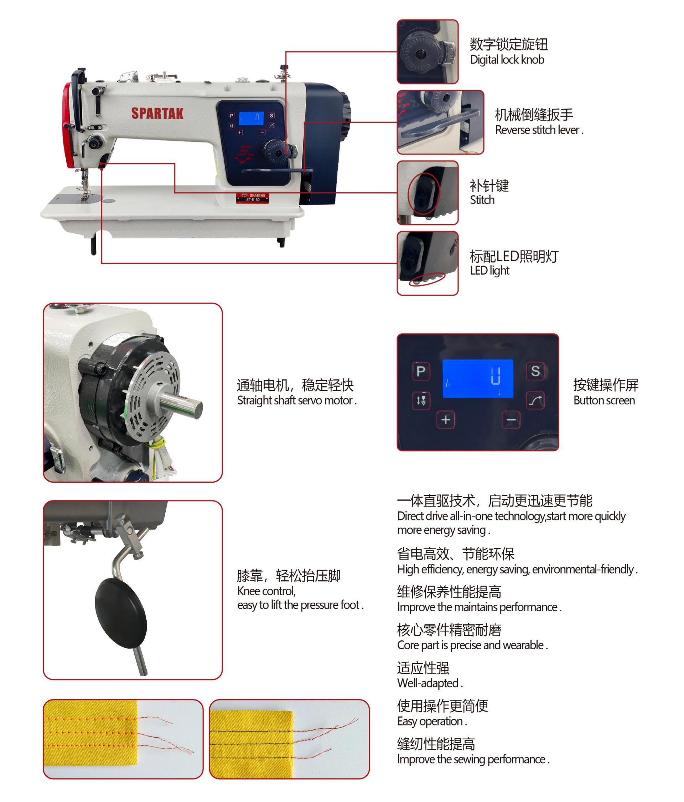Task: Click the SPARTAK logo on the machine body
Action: pyautogui.click(x=157, y=113)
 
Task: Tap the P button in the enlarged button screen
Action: pyautogui.click(x=421, y=371)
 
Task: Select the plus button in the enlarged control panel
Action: pyautogui.click(x=446, y=420)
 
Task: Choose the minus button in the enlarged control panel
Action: pyautogui.click(x=511, y=420)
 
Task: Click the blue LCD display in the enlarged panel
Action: pyautogui.click(x=478, y=378)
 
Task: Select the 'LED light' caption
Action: pyautogui.click(x=489, y=271)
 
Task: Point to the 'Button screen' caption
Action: pyautogui.click(x=604, y=400)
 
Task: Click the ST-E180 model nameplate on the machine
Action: pyautogui.click(x=253, y=198)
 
